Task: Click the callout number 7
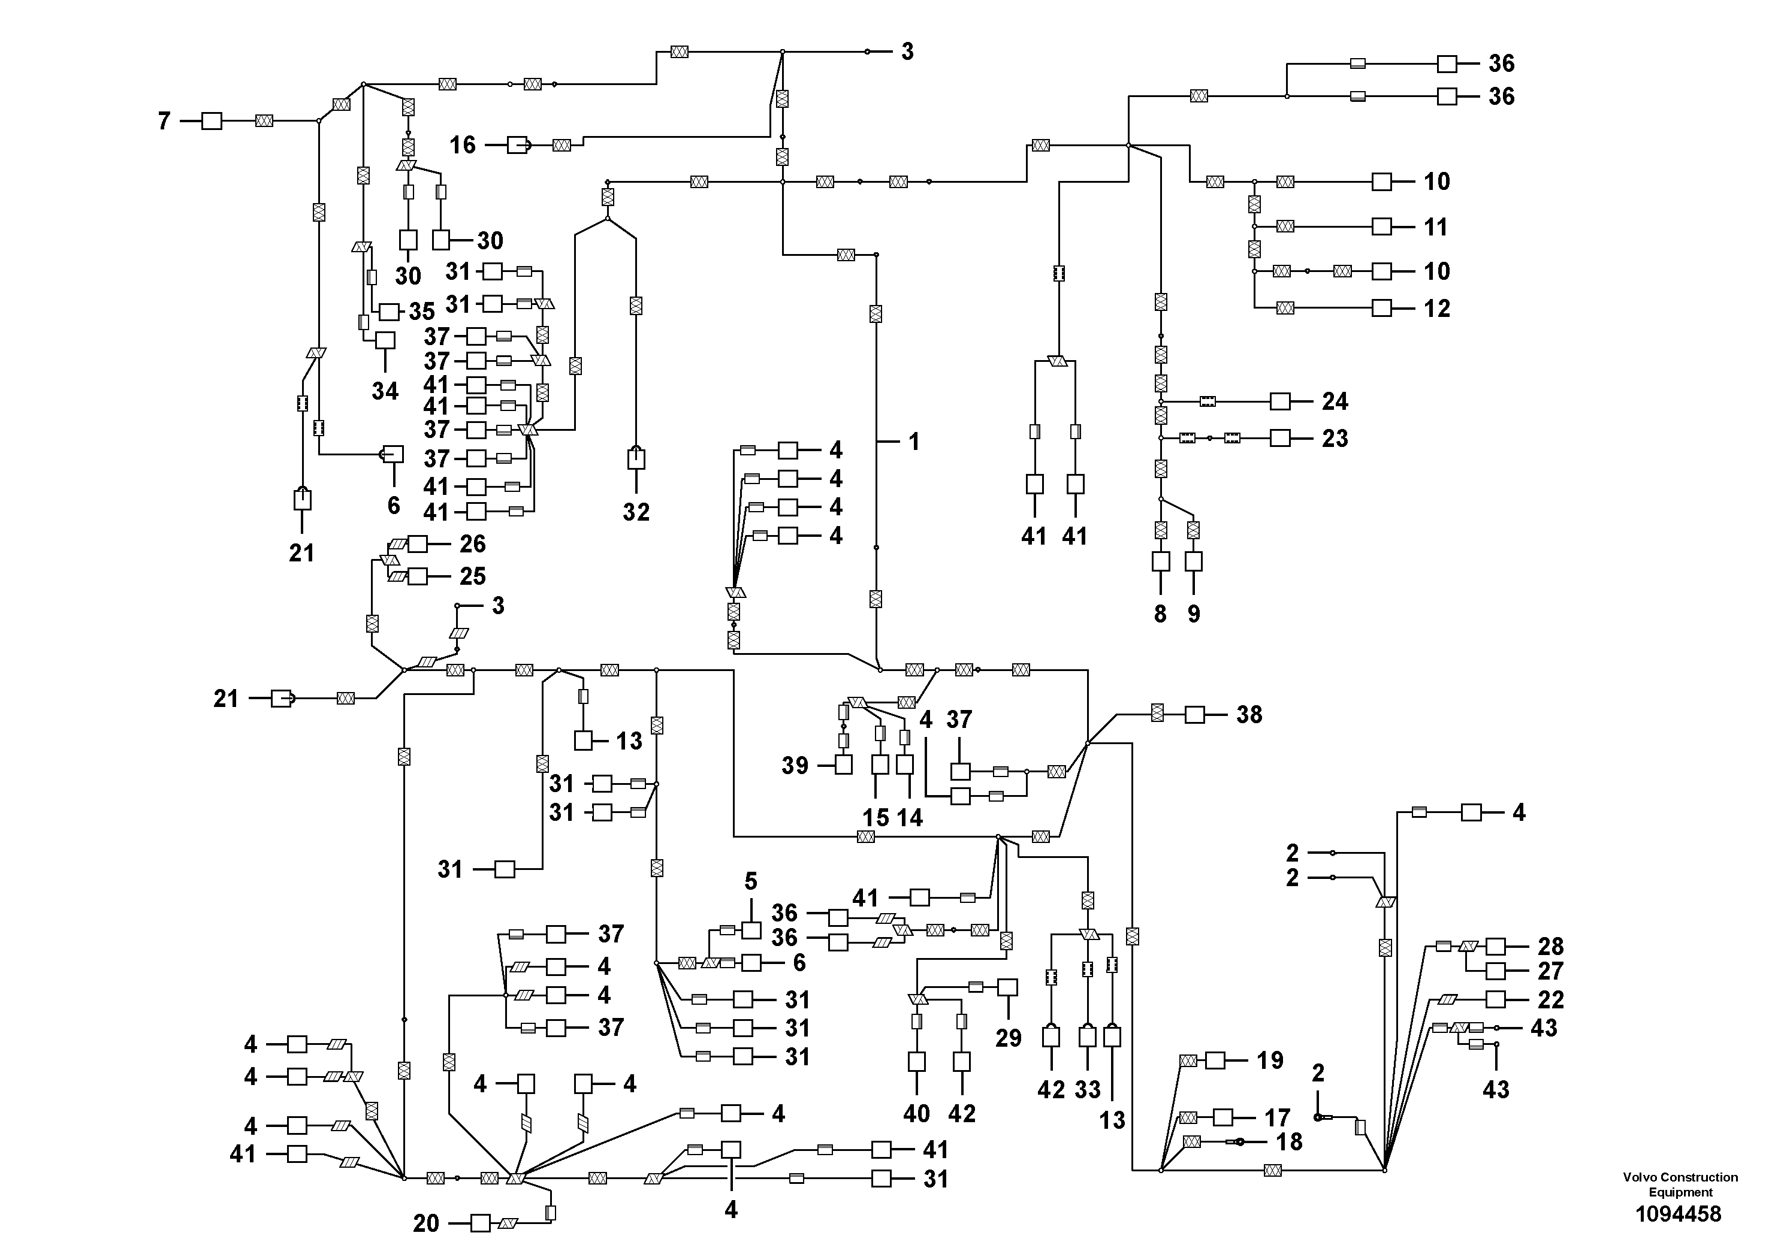tap(164, 121)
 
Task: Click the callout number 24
tap(1335, 401)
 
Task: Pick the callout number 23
tap(1335, 438)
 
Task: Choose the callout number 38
tap(1249, 714)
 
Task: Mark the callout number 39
tap(795, 765)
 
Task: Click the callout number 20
tap(426, 1223)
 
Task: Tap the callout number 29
tap(1009, 1038)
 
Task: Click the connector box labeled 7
tap(212, 121)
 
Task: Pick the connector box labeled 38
tap(1194, 714)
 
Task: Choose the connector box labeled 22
tap(1496, 999)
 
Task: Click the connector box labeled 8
tap(1160, 561)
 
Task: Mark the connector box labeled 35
tap(388, 312)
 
